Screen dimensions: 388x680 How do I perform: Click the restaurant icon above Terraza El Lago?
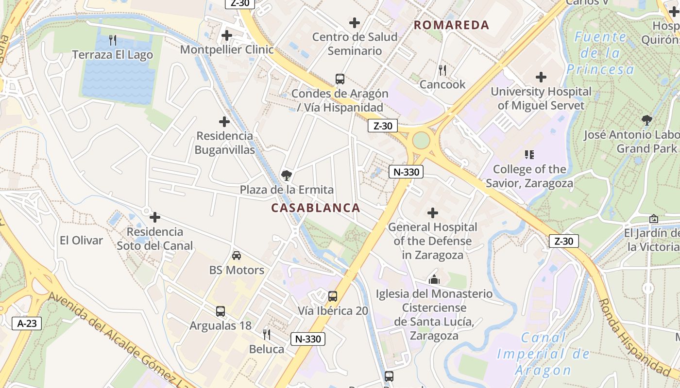[x=113, y=40]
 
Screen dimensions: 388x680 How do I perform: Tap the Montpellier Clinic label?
[x=227, y=49]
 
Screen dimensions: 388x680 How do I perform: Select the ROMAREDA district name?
[x=451, y=25]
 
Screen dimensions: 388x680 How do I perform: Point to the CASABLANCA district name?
[x=316, y=208]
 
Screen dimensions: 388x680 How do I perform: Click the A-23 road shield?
[x=27, y=323]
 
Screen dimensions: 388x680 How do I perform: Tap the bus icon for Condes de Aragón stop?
[x=340, y=79]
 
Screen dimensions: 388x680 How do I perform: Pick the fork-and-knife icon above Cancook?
[x=442, y=70]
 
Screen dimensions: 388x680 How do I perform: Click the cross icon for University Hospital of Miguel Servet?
[x=541, y=77]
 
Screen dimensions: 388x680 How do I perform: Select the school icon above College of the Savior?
[x=529, y=155]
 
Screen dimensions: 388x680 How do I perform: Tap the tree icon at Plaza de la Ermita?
[x=287, y=175]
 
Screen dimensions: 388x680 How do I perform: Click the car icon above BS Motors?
[x=237, y=256]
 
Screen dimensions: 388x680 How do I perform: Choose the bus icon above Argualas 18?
[x=221, y=311]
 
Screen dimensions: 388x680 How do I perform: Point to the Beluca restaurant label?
[x=267, y=349]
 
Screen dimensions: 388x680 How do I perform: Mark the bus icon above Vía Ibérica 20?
[x=333, y=296]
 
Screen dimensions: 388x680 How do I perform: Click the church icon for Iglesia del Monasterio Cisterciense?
[x=434, y=279]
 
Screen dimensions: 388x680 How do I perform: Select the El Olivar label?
[x=81, y=241]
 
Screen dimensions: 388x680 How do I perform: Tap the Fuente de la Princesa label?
[x=600, y=53]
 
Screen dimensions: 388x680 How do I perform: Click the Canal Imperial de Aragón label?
[x=544, y=354]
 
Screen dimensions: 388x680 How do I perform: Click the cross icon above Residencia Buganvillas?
[x=224, y=121]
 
